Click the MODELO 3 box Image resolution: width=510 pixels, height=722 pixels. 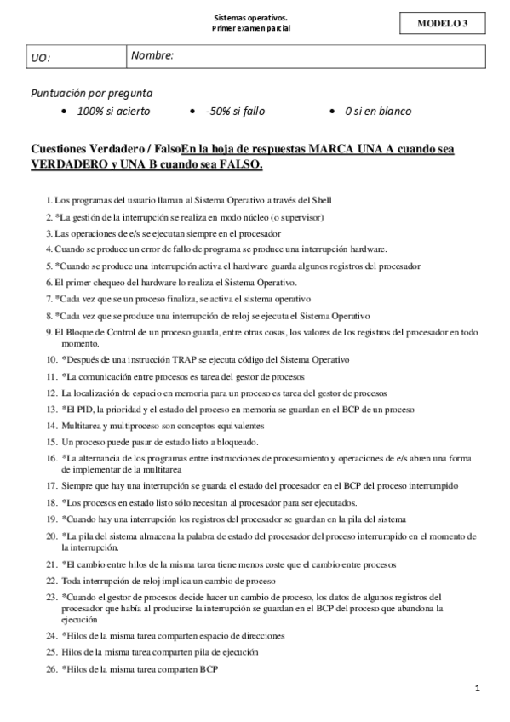click(442, 23)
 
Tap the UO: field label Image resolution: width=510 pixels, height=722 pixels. click(41, 58)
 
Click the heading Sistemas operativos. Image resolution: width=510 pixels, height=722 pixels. click(250, 17)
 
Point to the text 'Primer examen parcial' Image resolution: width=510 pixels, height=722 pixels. click(250, 28)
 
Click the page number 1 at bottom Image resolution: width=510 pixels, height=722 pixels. click(478, 689)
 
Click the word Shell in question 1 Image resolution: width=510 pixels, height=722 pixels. click(320, 200)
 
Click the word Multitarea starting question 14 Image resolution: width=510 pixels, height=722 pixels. click(83, 425)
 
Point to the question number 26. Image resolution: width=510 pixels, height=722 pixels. click(51, 669)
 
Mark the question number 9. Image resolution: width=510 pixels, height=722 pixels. click(49, 332)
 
